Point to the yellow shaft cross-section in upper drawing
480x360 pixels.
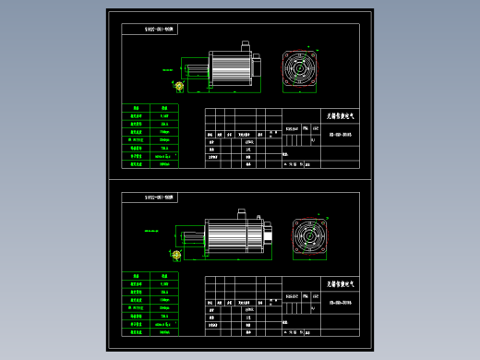click(x=178, y=86)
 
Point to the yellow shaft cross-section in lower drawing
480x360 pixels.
click(x=175, y=255)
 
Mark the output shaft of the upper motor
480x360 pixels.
click(x=196, y=69)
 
